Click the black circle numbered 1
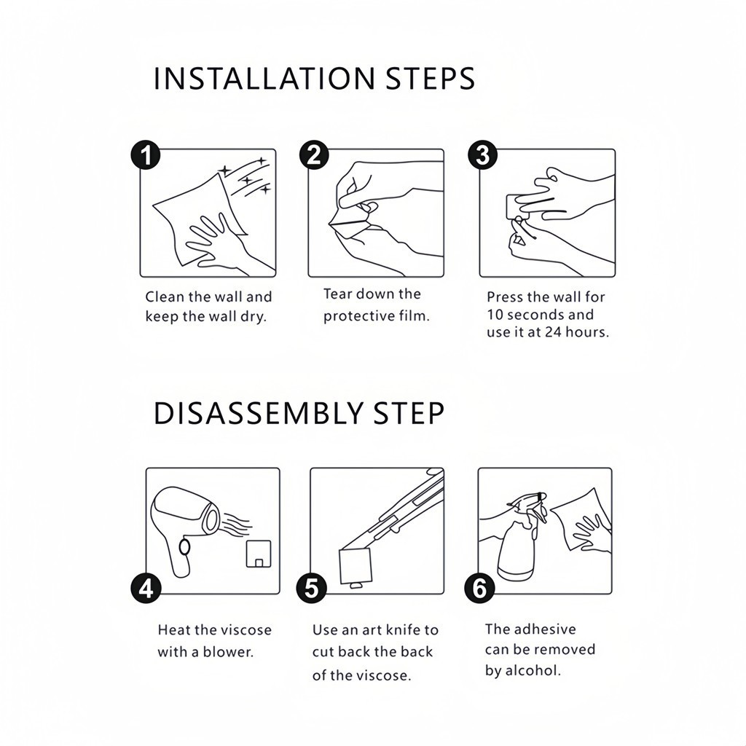point(146,155)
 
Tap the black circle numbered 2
point(314,155)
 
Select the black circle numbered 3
point(482,155)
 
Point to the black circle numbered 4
point(146,589)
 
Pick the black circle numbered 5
point(311,589)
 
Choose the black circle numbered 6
point(479,589)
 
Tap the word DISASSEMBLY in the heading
point(259,413)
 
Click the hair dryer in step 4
point(186,530)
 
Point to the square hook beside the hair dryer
point(259,554)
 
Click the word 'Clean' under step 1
point(165,297)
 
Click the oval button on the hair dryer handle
point(185,547)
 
